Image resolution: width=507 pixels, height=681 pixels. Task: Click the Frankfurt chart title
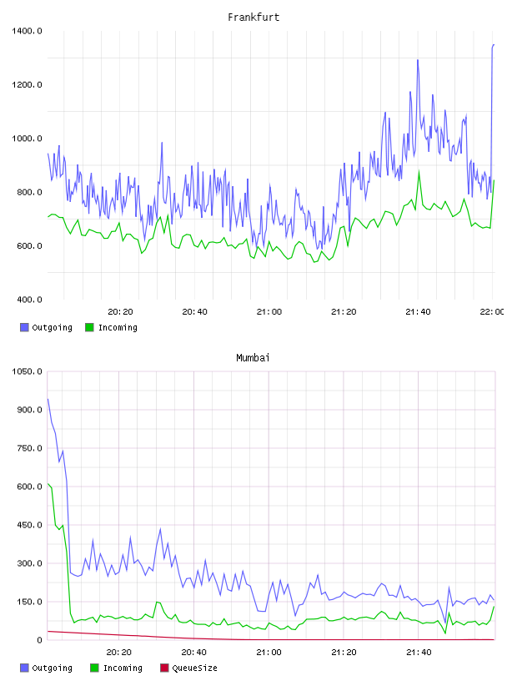254,18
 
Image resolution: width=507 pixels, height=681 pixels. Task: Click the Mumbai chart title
253,358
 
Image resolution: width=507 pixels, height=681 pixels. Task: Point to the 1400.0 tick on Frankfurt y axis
27,31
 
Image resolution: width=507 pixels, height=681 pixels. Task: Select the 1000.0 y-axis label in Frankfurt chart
27,139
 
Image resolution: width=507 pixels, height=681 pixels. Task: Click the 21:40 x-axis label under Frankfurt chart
418,312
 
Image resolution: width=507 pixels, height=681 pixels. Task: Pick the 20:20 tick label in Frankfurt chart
120,312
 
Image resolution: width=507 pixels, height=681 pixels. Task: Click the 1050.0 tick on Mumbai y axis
27,371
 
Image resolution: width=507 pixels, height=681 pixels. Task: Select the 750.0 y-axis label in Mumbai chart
29,448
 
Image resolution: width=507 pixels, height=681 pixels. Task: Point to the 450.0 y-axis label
29,525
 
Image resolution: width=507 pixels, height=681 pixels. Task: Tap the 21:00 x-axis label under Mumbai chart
269,653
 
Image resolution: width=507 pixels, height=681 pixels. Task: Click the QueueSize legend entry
194,668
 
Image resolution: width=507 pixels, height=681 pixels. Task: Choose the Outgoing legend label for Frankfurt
52,327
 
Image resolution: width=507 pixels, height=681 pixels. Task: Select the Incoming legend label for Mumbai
123,668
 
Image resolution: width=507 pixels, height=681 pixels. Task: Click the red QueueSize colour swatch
164,668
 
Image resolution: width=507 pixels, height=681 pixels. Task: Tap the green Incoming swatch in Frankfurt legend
89,327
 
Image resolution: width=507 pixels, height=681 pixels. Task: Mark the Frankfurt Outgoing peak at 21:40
418,60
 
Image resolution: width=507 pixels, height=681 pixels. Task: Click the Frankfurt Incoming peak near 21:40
419,171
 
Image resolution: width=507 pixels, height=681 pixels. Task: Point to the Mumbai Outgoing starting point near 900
48,399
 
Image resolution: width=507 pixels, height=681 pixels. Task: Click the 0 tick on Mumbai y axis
39,640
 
